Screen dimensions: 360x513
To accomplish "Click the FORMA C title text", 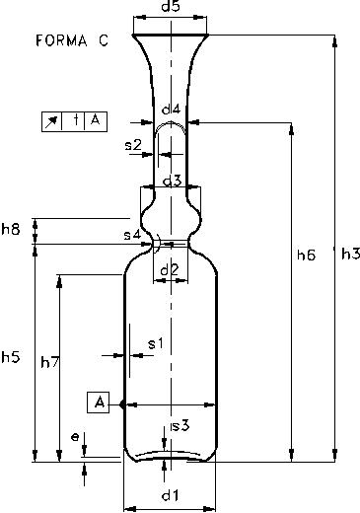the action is [72, 40].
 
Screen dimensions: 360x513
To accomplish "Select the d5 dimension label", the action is [171, 6].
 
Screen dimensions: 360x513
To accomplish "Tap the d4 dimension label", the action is [171, 110].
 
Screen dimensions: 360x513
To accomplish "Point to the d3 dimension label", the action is [173, 181].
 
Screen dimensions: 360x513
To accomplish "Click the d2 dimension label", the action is [169, 270].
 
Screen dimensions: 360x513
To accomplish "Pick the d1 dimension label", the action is [171, 495].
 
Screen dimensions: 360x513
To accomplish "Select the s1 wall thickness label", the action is [156, 344].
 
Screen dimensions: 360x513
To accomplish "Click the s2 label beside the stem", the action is [133, 145].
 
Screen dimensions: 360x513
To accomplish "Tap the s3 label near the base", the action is [180, 426].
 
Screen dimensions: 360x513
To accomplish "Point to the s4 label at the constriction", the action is [132, 235].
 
